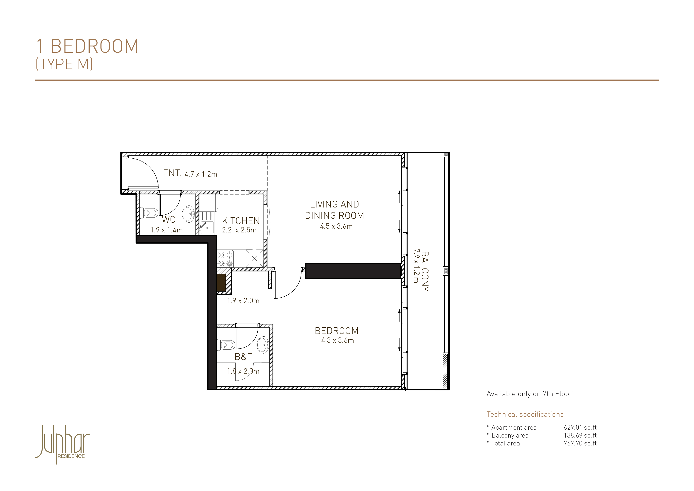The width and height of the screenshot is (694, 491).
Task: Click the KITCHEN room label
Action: [241, 221]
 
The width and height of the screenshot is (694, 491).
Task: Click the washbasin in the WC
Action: [188, 214]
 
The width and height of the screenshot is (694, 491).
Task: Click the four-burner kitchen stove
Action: [225, 259]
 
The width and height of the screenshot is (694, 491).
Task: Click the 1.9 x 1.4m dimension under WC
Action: [167, 230]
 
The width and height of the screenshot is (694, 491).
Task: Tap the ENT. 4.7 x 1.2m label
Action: [190, 173]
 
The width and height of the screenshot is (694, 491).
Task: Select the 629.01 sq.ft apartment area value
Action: [580, 427]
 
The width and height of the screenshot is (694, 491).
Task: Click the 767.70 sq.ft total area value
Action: [580, 443]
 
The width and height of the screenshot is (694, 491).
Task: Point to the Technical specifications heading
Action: [525, 414]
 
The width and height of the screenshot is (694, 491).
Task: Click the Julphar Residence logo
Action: [63, 444]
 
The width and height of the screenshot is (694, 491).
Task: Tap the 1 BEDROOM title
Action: [87, 46]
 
